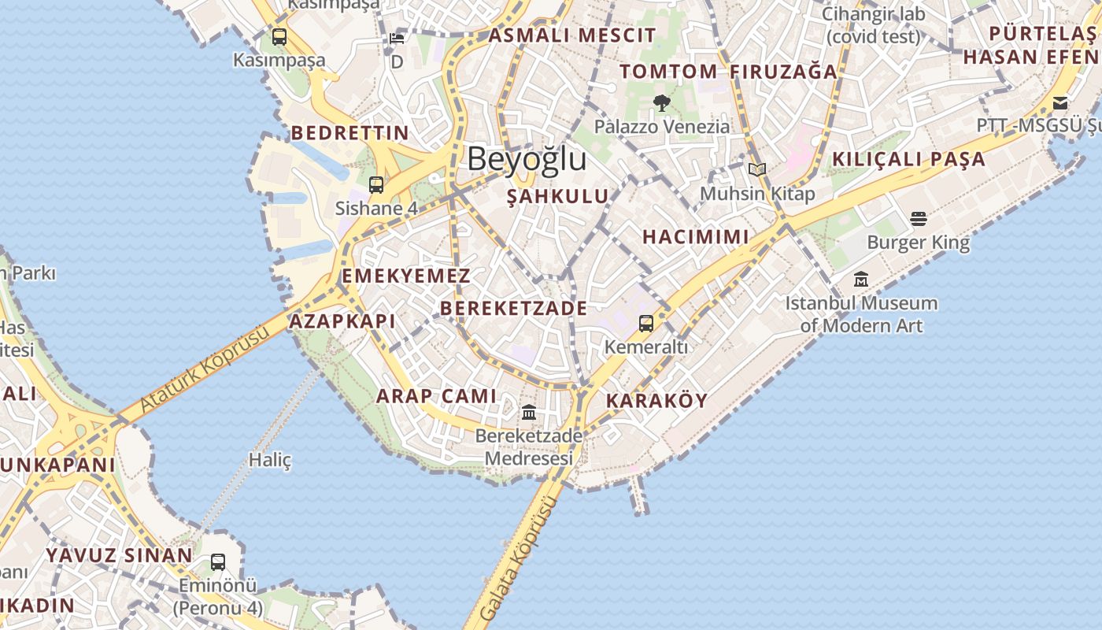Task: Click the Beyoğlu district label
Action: click(527, 159)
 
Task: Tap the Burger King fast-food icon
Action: click(919, 218)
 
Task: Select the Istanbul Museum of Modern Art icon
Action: click(861, 279)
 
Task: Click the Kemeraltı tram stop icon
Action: click(645, 323)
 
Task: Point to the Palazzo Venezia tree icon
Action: click(662, 102)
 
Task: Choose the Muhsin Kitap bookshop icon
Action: click(757, 169)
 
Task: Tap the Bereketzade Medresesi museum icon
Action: click(529, 412)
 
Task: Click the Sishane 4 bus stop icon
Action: click(376, 185)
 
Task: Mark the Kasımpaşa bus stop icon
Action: click(279, 36)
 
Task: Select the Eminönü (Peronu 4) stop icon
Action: click(218, 562)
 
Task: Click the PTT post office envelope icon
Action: click(1060, 102)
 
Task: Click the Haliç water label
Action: click(270, 460)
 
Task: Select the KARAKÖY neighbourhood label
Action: click(657, 401)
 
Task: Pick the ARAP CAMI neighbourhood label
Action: click(436, 396)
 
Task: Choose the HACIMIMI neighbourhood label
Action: click(695, 237)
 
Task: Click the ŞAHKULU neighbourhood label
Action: click(558, 197)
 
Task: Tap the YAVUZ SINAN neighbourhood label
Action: click(119, 555)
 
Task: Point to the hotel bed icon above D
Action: click(397, 38)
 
